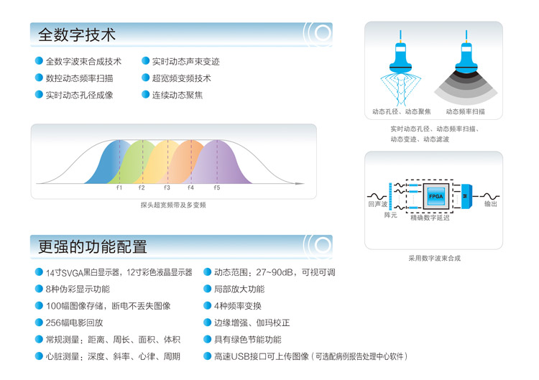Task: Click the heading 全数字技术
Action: tap(77, 34)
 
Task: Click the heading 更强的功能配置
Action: tap(93, 246)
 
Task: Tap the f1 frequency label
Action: tap(119, 187)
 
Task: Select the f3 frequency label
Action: tap(167, 187)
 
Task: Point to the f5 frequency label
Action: tap(216, 187)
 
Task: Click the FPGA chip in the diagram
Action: tap(436, 196)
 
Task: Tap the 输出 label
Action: tap(491, 204)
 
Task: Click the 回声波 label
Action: tap(378, 204)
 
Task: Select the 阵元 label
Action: tap(390, 215)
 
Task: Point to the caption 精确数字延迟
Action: tap(430, 218)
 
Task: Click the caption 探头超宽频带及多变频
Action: tap(173, 205)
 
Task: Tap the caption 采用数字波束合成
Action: tap(435, 259)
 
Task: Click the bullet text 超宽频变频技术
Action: tap(182, 78)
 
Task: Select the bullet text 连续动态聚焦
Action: tap(178, 95)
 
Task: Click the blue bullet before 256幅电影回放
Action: tap(39, 323)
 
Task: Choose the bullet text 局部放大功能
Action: tap(239, 289)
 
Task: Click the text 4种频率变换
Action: tap(238, 306)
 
